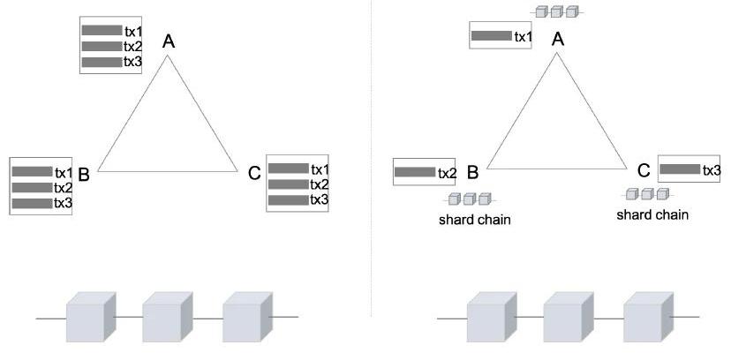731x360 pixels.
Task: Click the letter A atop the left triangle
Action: tap(169, 41)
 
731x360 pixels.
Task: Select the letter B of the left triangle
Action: tap(85, 173)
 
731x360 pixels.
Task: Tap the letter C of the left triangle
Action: tap(254, 173)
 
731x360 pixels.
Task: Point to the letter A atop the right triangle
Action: tap(557, 38)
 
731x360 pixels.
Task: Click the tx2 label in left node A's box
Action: tap(133, 46)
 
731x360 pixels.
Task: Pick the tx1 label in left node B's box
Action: tap(64, 172)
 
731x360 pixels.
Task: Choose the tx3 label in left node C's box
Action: tap(320, 200)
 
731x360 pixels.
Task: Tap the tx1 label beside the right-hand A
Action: tap(523, 36)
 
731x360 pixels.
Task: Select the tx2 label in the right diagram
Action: tap(447, 172)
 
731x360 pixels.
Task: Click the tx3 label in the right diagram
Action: tap(712, 169)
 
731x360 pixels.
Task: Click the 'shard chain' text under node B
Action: tap(474, 220)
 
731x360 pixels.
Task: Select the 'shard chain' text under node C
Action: tap(652, 214)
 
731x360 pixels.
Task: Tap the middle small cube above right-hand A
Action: tap(556, 11)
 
